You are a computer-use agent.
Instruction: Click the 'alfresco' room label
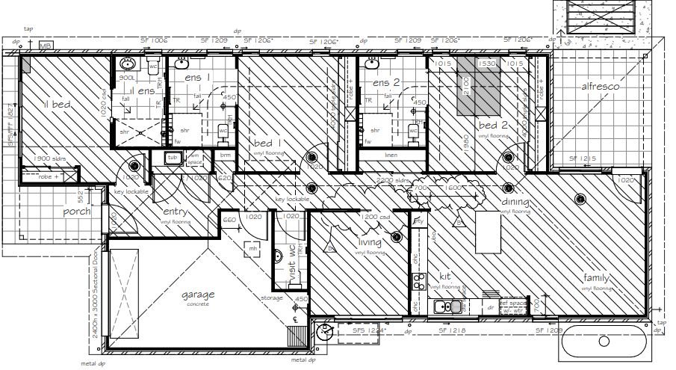point(601,87)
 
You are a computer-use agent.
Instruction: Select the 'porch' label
point(76,212)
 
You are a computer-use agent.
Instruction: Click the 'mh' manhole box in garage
point(253,247)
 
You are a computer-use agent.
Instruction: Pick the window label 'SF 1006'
point(154,40)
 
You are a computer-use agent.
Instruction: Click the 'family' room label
point(598,279)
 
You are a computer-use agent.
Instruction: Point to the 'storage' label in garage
point(271,298)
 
